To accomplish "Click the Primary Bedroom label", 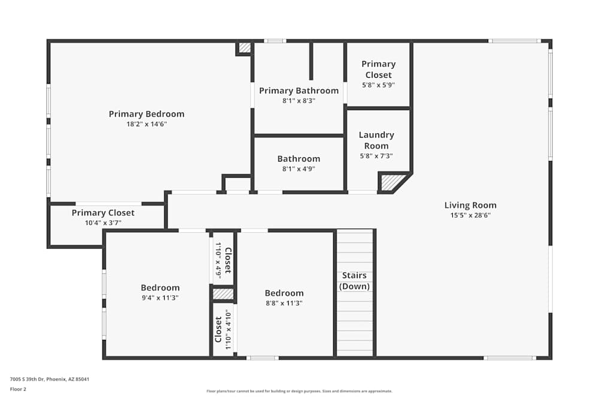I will (x=146, y=114).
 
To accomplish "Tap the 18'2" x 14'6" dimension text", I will (x=146, y=124).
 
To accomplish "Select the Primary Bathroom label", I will (x=298, y=90).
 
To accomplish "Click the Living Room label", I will (x=470, y=205).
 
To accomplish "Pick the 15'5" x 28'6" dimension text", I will (x=470, y=215).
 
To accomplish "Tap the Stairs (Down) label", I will (x=355, y=281).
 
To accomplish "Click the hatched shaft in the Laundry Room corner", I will (x=391, y=182).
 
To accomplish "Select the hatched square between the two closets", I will (x=223, y=294).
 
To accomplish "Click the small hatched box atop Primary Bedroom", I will (x=244, y=47).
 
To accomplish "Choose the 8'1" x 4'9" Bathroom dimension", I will (x=298, y=169).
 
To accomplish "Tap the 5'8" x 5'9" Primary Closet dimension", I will (x=378, y=85).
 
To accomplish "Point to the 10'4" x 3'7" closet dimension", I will (x=103, y=223).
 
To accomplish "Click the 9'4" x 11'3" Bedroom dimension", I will (x=160, y=297).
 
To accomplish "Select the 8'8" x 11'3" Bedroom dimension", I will (x=284, y=303).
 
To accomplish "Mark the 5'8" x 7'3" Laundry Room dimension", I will (x=376, y=156).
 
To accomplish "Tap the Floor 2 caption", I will (x=18, y=389).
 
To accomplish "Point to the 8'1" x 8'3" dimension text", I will (x=298, y=100).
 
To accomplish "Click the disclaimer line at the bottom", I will (x=299, y=391).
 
